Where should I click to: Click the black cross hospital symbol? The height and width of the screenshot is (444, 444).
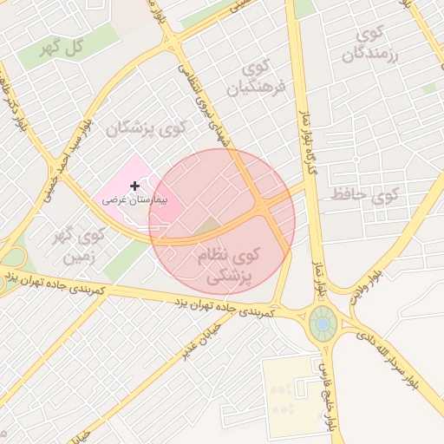134,186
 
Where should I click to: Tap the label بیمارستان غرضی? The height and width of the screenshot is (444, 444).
134,199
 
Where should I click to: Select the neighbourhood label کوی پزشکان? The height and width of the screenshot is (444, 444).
147,129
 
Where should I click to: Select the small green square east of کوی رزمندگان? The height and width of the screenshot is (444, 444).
428,88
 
